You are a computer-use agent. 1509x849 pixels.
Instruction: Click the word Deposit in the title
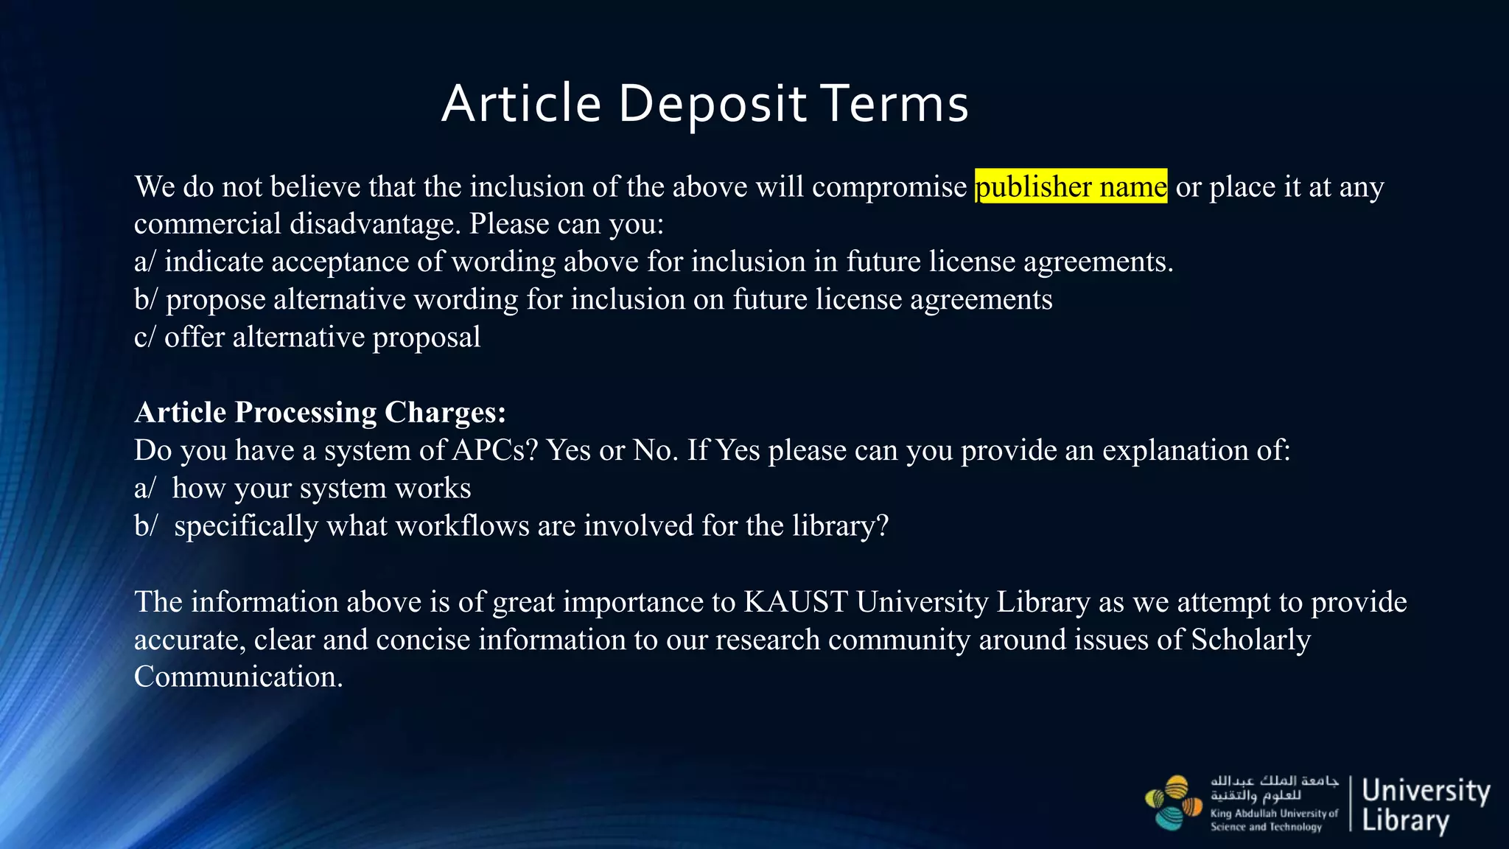click(x=712, y=103)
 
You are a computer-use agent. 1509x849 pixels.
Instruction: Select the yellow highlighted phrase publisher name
click(x=1071, y=186)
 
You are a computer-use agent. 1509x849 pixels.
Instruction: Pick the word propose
click(x=215, y=300)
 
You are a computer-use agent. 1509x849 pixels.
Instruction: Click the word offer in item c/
click(x=194, y=337)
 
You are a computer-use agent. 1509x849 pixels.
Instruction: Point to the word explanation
click(x=1172, y=450)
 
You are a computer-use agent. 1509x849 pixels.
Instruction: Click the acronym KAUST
click(x=796, y=602)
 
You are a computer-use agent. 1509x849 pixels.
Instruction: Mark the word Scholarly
click(x=1250, y=640)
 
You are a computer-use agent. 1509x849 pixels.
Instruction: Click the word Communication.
click(x=238, y=677)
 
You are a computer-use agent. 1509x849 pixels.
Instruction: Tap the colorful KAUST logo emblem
click(x=1174, y=803)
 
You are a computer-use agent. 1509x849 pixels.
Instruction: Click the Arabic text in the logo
click(x=1273, y=788)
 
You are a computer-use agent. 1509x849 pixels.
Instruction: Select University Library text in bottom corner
click(x=1425, y=805)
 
